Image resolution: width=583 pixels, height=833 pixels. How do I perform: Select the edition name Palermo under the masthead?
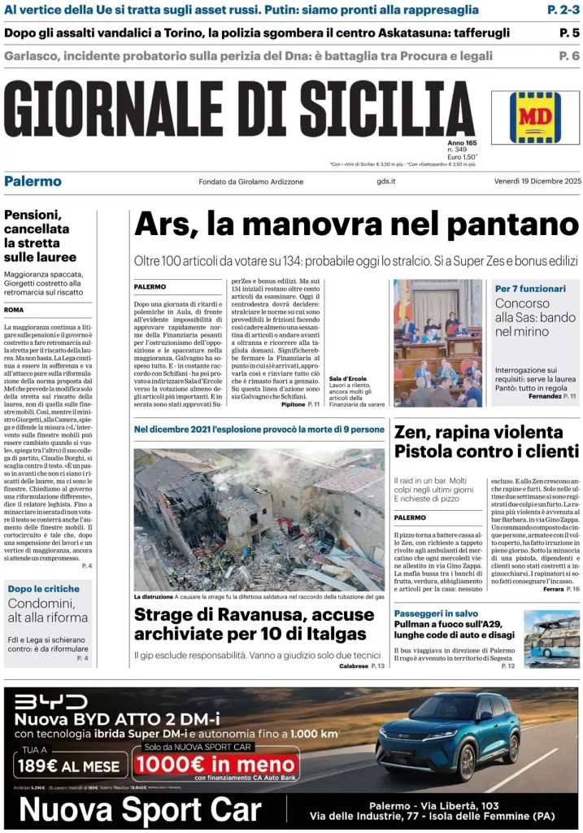(x=33, y=181)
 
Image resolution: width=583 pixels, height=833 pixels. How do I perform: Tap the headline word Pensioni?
(x=37, y=216)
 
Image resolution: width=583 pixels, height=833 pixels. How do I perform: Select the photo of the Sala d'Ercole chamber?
(x=437, y=342)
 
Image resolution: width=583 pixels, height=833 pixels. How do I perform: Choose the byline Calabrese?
(x=354, y=666)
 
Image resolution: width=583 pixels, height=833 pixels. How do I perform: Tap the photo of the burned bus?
(x=551, y=639)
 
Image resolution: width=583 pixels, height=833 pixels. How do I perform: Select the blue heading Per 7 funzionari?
(x=530, y=289)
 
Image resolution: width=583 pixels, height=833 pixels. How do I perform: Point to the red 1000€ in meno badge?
(x=215, y=765)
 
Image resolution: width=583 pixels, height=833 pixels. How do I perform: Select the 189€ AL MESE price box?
(x=71, y=765)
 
